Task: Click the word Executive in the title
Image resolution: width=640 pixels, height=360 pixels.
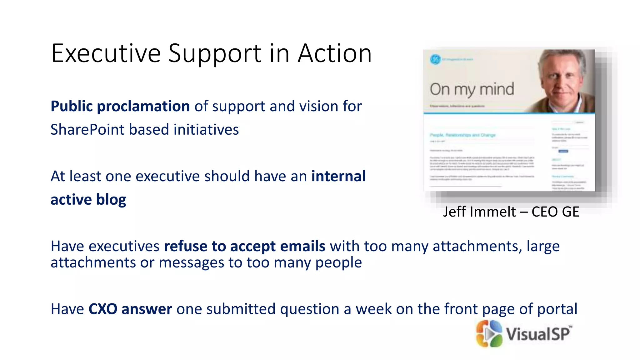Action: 106,53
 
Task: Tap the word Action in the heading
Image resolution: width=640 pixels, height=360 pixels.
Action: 335,53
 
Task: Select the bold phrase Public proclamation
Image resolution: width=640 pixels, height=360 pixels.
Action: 120,106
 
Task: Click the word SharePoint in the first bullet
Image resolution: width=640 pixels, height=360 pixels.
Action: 87,130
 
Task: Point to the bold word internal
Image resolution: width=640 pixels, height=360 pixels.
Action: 338,176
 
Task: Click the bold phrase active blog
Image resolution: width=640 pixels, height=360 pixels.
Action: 88,200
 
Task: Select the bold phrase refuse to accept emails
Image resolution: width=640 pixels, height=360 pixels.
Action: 245,246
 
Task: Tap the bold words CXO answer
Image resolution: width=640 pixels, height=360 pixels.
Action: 130,309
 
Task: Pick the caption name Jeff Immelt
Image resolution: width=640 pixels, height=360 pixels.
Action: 479,212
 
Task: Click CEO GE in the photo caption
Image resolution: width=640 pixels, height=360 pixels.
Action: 555,212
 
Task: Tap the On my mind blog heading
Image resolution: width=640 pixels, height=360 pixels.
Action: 472,89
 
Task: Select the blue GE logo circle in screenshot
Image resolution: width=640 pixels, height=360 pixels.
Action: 435,59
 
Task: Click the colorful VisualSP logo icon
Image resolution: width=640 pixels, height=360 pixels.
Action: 489,333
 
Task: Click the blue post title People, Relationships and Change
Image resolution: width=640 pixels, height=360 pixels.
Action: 462,135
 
